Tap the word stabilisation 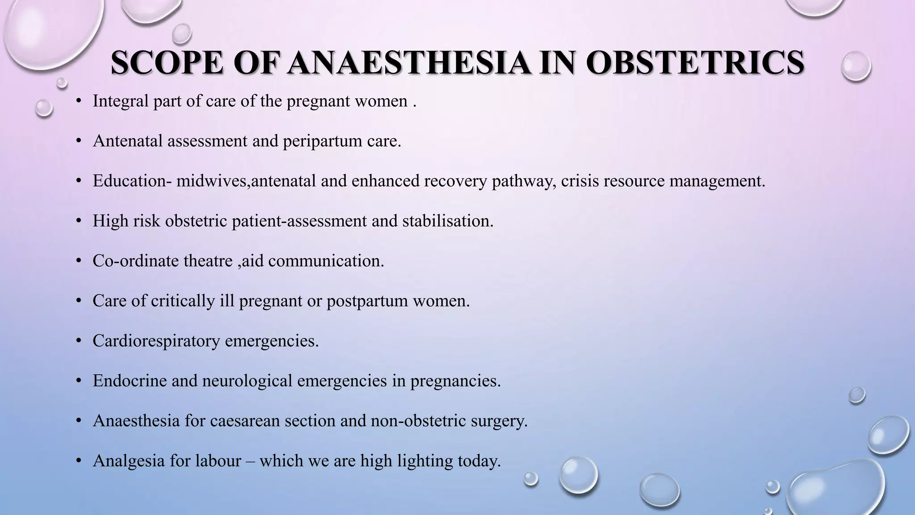pyautogui.click(x=447, y=221)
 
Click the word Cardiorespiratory pyautogui.click(x=156, y=341)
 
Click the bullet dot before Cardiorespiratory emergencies pyautogui.click(x=79, y=341)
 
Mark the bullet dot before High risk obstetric pyautogui.click(x=79, y=221)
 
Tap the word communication pyautogui.click(x=326, y=261)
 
